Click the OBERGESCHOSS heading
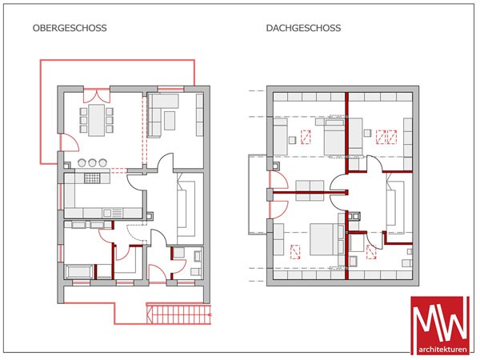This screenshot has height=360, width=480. pyautogui.click(x=70, y=28)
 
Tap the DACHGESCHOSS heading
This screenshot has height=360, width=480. pyautogui.click(x=303, y=28)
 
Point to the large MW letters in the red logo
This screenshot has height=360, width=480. pyautogui.click(x=442, y=319)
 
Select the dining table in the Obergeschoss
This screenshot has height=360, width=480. pyautogui.click(x=97, y=120)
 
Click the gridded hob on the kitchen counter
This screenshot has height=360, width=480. pyautogui.click(x=92, y=178)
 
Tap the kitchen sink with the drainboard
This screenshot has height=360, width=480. pyautogui.click(x=112, y=213)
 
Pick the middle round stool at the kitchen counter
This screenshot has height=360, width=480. pyautogui.click(x=92, y=163)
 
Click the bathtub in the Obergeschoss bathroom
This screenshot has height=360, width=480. pyautogui.click(x=79, y=271)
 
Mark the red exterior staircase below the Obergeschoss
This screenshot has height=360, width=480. pyautogui.click(x=178, y=314)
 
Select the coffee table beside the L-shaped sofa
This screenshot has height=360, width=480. pyautogui.click(x=170, y=121)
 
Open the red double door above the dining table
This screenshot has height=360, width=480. pyautogui.click(x=97, y=95)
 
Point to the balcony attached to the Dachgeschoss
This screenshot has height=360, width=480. pyautogui.click(x=257, y=194)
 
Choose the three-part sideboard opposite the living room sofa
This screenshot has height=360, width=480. pyautogui.click(x=199, y=114)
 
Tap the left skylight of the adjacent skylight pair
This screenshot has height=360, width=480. pyautogui.click(x=381, y=137)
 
